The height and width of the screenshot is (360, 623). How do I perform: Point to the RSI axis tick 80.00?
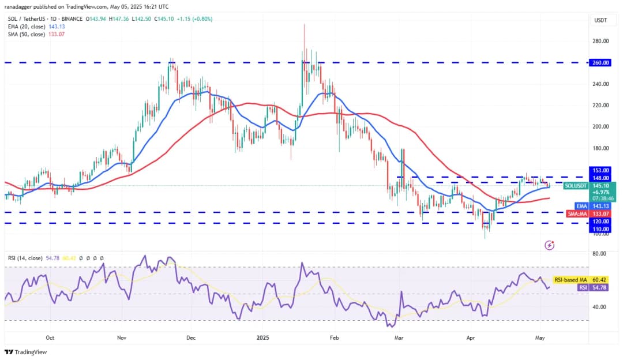[600, 253]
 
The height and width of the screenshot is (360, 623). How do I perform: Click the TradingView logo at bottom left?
[26, 352]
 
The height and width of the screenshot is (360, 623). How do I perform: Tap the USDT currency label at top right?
[601, 20]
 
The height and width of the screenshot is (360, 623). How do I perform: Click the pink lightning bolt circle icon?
[549, 245]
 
